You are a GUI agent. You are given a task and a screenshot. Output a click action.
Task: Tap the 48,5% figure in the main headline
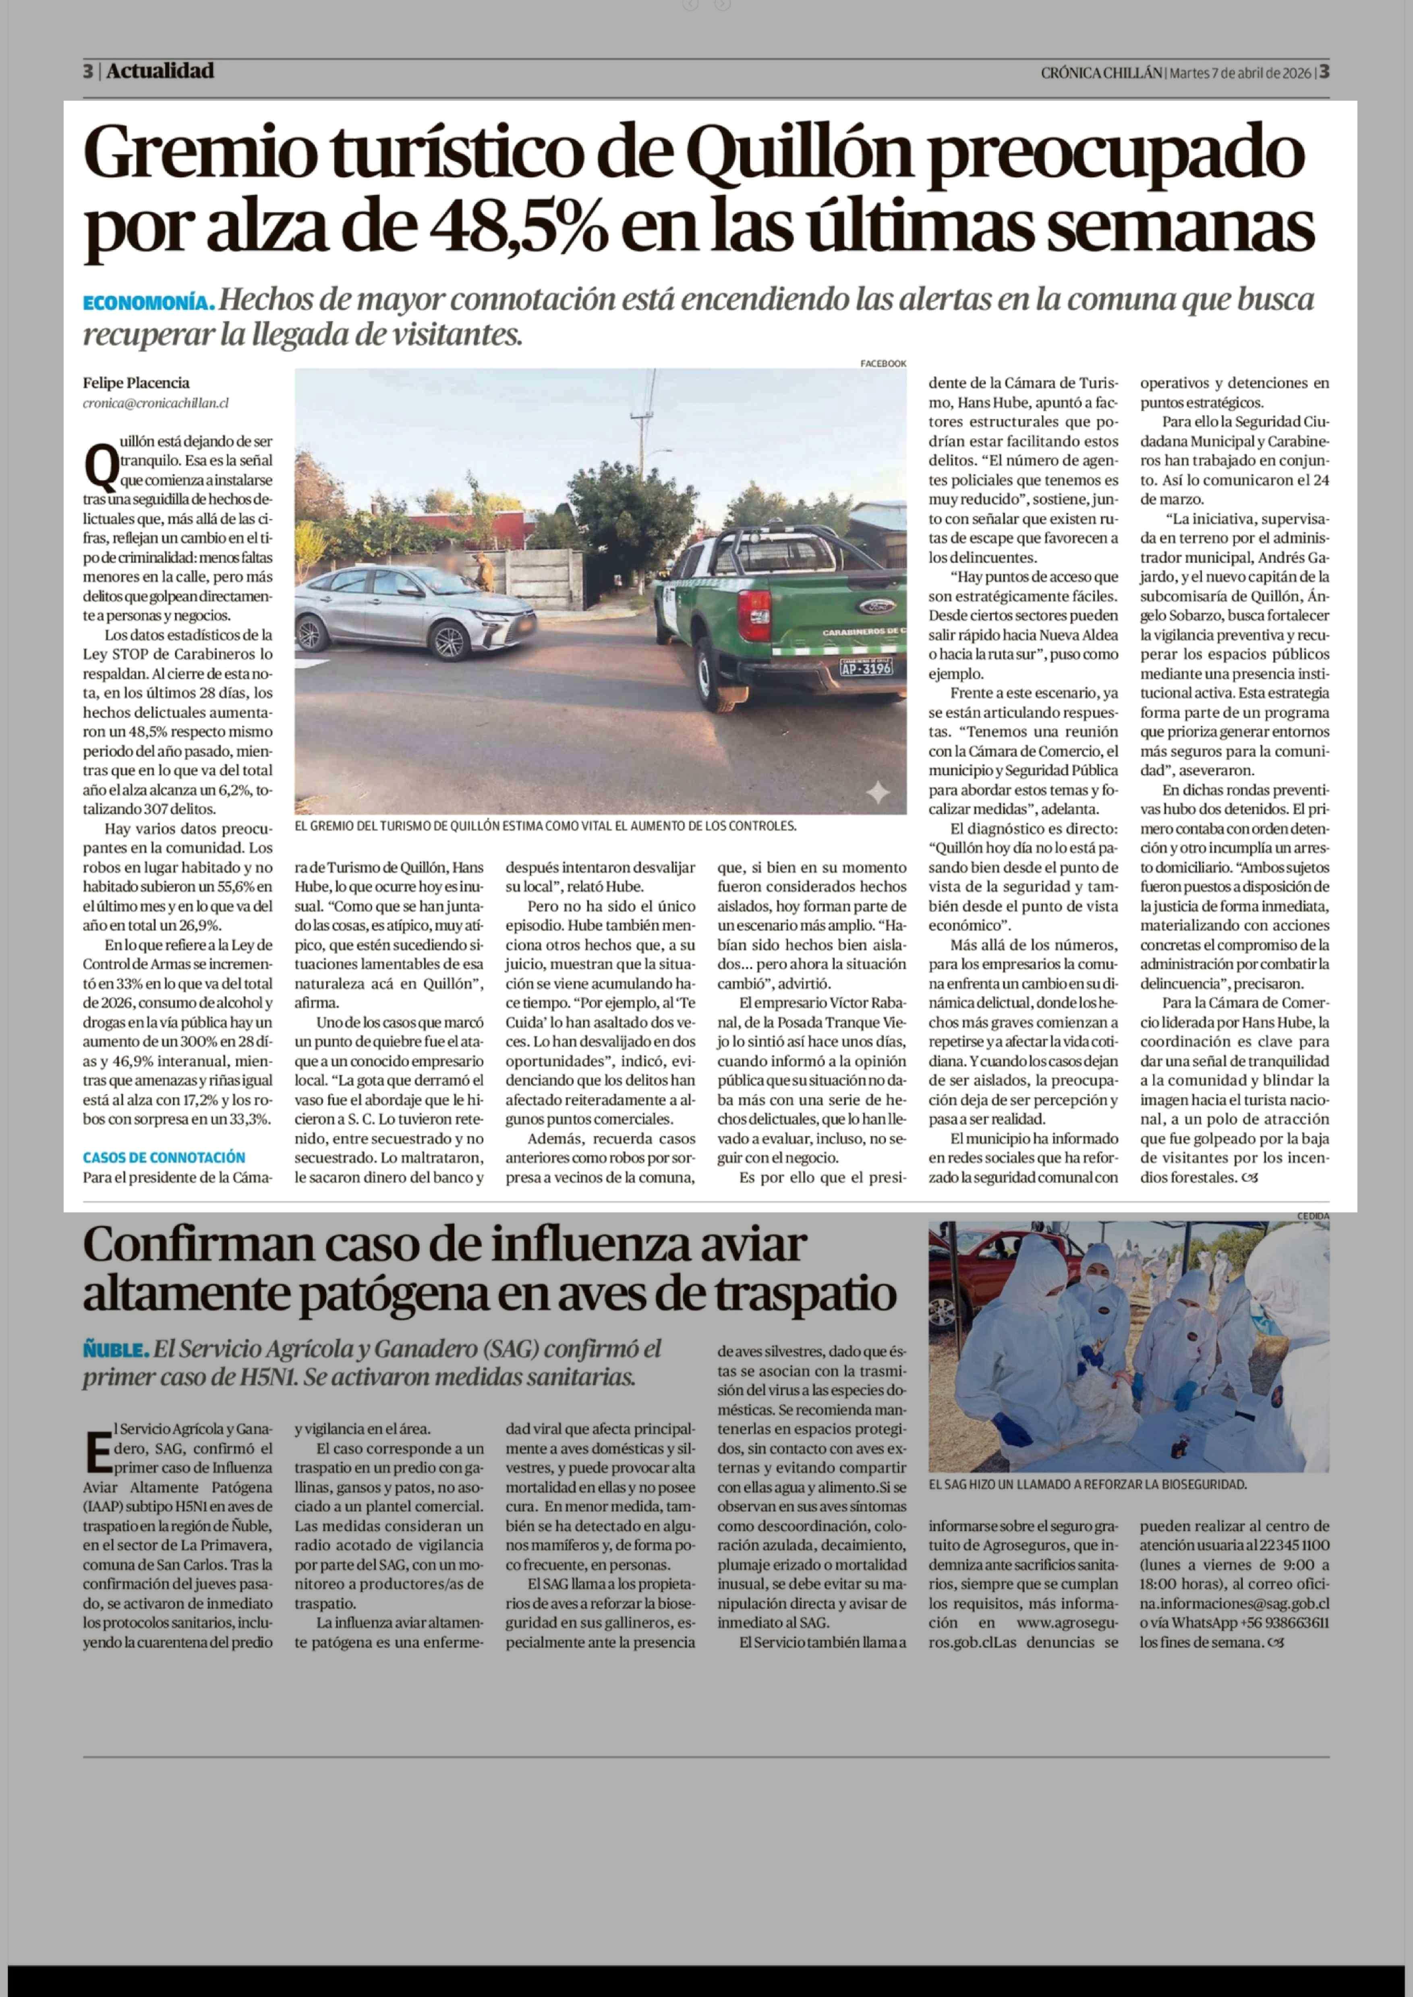518,228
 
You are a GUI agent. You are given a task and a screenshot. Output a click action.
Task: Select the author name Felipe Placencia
136,383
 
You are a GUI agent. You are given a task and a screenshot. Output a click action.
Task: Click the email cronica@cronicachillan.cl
156,403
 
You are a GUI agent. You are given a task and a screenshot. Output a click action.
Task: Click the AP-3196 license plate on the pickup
866,668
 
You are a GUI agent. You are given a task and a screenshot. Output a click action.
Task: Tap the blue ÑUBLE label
116,1350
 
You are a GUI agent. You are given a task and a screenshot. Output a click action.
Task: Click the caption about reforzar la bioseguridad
1087,1485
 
